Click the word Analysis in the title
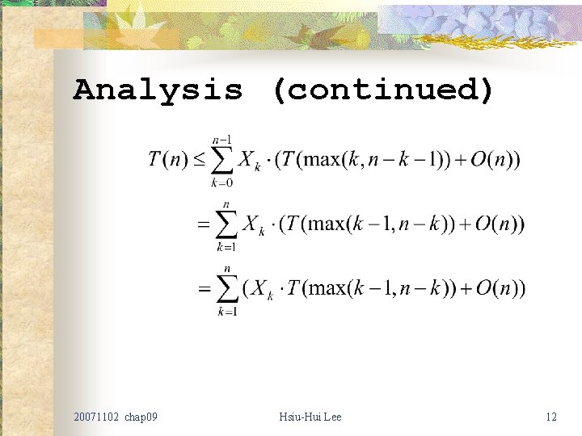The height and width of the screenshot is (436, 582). (158, 90)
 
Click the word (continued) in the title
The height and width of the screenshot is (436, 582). (382, 90)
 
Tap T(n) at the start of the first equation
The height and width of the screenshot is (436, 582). (168, 159)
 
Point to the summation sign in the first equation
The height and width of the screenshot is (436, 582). (221, 160)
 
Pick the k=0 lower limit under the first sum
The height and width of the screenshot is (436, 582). (221, 183)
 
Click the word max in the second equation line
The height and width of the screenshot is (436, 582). (326, 224)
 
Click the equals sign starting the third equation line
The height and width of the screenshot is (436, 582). (205, 289)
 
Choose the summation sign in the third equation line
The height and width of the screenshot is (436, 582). (227, 289)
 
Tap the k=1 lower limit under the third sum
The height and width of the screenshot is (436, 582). (227, 312)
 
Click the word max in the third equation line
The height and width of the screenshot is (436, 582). (327, 288)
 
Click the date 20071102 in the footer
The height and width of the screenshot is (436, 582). (95, 417)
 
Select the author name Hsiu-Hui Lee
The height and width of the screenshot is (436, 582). (310, 417)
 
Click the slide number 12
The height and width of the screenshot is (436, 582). (551, 417)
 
